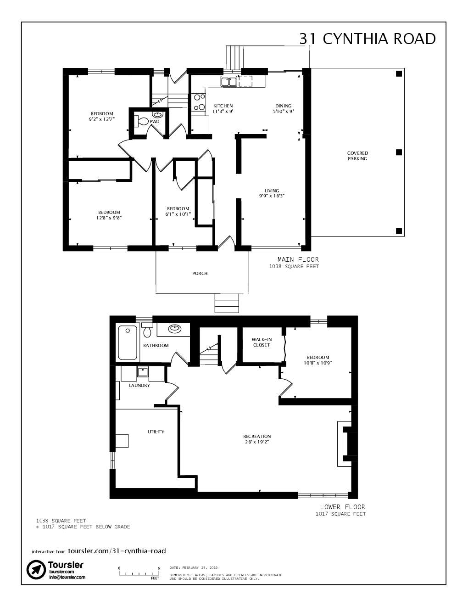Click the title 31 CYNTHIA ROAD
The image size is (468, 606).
coord(367,39)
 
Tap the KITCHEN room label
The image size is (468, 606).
coord(223,106)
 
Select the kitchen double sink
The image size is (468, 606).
coord(228,82)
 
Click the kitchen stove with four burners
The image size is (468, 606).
coord(199,102)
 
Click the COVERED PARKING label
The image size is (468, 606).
coord(357,156)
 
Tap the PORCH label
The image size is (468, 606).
coord(200,274)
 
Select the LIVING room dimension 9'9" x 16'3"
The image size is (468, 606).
coord(272,196)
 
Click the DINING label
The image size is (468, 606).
coord(283,106)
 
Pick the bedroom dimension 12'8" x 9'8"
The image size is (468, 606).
coord(109,218)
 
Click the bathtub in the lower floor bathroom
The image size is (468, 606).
coord(127,342)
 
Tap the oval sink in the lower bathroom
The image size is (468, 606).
coord(174,329)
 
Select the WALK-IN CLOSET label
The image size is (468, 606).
coord(262,342)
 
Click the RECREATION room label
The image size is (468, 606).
coord(257,436)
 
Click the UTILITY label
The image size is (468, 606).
coord(156,432)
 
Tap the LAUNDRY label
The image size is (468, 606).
coord(139,386)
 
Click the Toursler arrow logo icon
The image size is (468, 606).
coord(35,570)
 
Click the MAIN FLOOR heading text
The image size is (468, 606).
coord(298,259)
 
